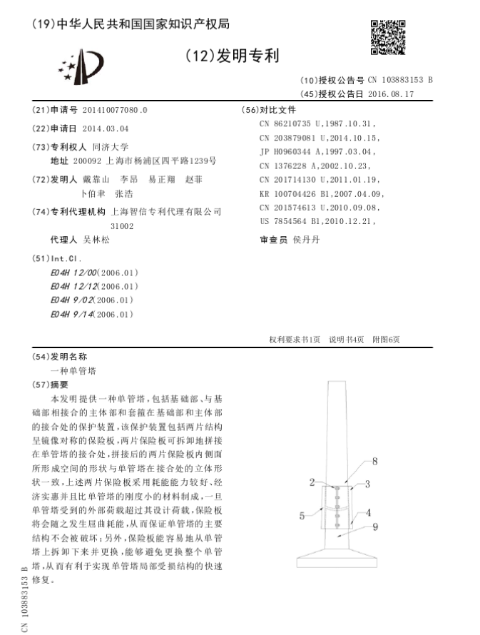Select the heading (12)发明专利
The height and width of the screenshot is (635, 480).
tap(232, 56)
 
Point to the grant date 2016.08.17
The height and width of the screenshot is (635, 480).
tap(391, 93)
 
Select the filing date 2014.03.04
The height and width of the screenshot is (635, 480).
tap(106, 128)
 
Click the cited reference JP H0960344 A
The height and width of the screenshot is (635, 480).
tap(320, 151)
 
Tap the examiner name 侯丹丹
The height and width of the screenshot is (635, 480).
tap(307, 240)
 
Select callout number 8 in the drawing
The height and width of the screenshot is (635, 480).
tap(375, 462)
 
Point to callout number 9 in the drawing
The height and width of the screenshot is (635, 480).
tap(375, 527)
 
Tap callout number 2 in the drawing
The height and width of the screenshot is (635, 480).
tap(312, 483)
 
